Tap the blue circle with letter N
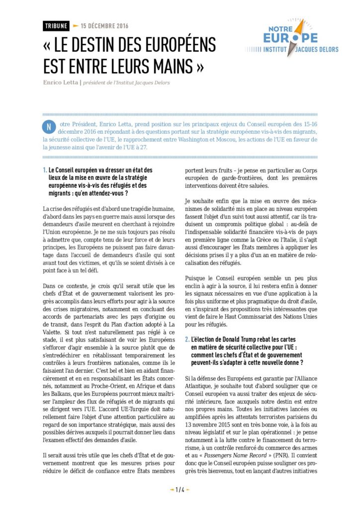pyautogui.click(x=49, y=125)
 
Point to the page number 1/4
pyautogui.click(x=180, y=490)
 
